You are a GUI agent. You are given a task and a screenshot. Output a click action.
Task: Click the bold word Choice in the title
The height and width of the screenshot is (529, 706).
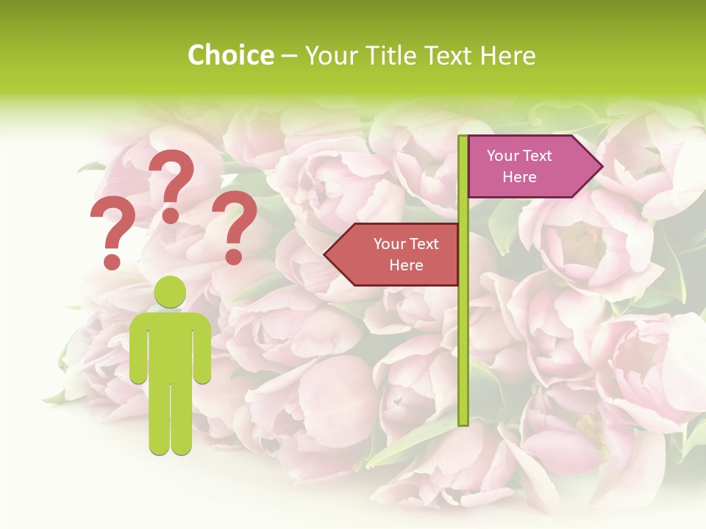tap(230, 56)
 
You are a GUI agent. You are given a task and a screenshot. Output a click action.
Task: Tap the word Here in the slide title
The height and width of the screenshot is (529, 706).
tap(507, 56)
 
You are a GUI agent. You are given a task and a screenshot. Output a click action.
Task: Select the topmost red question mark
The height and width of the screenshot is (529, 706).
tap(172, 184)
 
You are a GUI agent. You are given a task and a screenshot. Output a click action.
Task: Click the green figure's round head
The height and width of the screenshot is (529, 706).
tap(171, 292)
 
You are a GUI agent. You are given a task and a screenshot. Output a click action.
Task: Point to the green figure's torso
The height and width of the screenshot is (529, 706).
tap(171, 345)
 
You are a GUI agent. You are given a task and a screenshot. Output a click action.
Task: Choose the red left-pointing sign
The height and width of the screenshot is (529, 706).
tap(397, 254)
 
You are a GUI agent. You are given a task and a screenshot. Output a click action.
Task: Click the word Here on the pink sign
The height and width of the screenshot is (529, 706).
tap(519, 178)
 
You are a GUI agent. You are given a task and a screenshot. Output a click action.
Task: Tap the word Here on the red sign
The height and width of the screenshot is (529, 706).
tap(406, 265)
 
